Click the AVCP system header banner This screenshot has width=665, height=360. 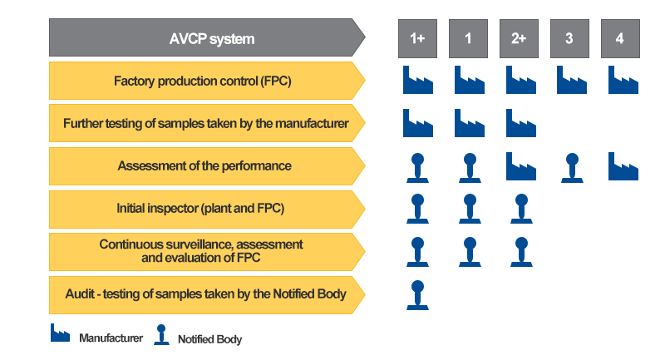[207, 38]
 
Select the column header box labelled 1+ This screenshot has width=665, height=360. [417, 38]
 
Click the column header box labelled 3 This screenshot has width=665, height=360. [569, 38]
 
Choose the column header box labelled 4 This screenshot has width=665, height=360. [620, 38]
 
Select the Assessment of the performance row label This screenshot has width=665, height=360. [204, 165]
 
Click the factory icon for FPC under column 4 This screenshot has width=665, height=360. [623, 80]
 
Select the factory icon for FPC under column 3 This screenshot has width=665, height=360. [571, 80]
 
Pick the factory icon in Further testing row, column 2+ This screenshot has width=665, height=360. [520, 123]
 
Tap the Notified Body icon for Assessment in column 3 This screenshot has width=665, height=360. [571, 166]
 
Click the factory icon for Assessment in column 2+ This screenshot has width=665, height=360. [520, 165]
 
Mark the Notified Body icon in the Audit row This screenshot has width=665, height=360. [417, 295]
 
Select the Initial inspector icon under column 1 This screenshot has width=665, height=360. [469, 209]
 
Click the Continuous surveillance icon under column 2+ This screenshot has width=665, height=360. [520, 252]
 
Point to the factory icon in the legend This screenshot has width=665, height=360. [60, 333]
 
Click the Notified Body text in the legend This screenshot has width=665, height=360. [209, 339]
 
